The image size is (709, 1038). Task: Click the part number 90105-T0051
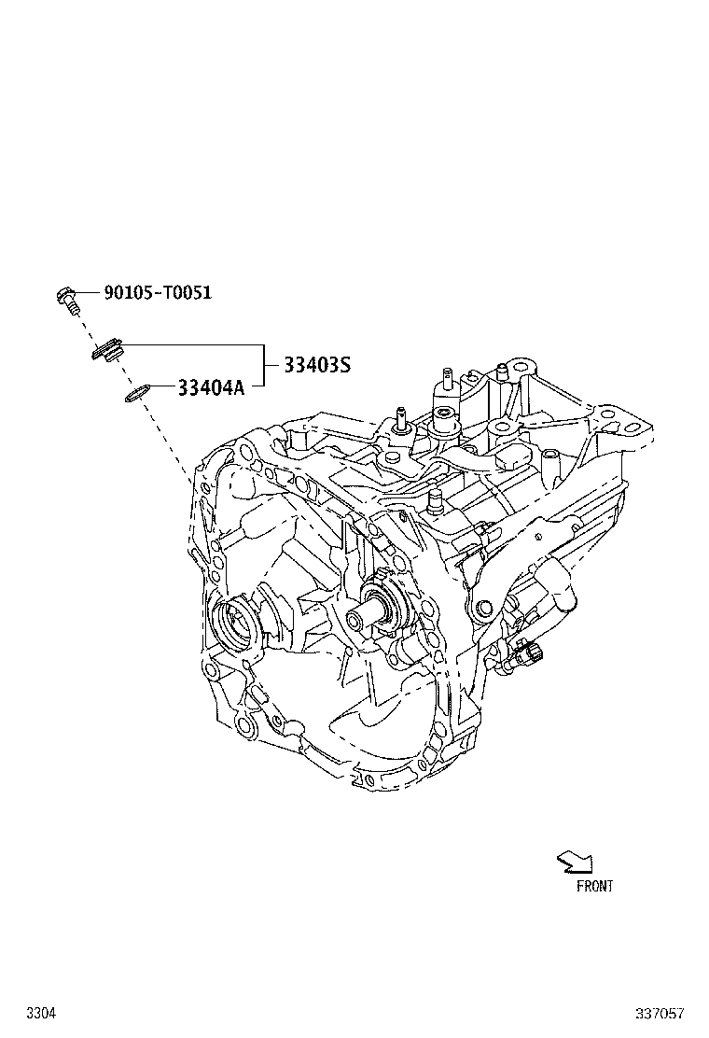tap(158, 292)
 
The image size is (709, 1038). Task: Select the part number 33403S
tap(317, 365)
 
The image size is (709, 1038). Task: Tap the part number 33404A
tap(211, 387)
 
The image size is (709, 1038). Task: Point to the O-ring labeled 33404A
tap(136, 393)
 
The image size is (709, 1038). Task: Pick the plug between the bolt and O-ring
tap(106, 352)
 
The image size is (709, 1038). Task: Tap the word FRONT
tap(594, 887)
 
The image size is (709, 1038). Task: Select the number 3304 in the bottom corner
tap(41, 1013)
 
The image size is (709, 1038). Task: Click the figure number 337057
tap(660, 1013)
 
